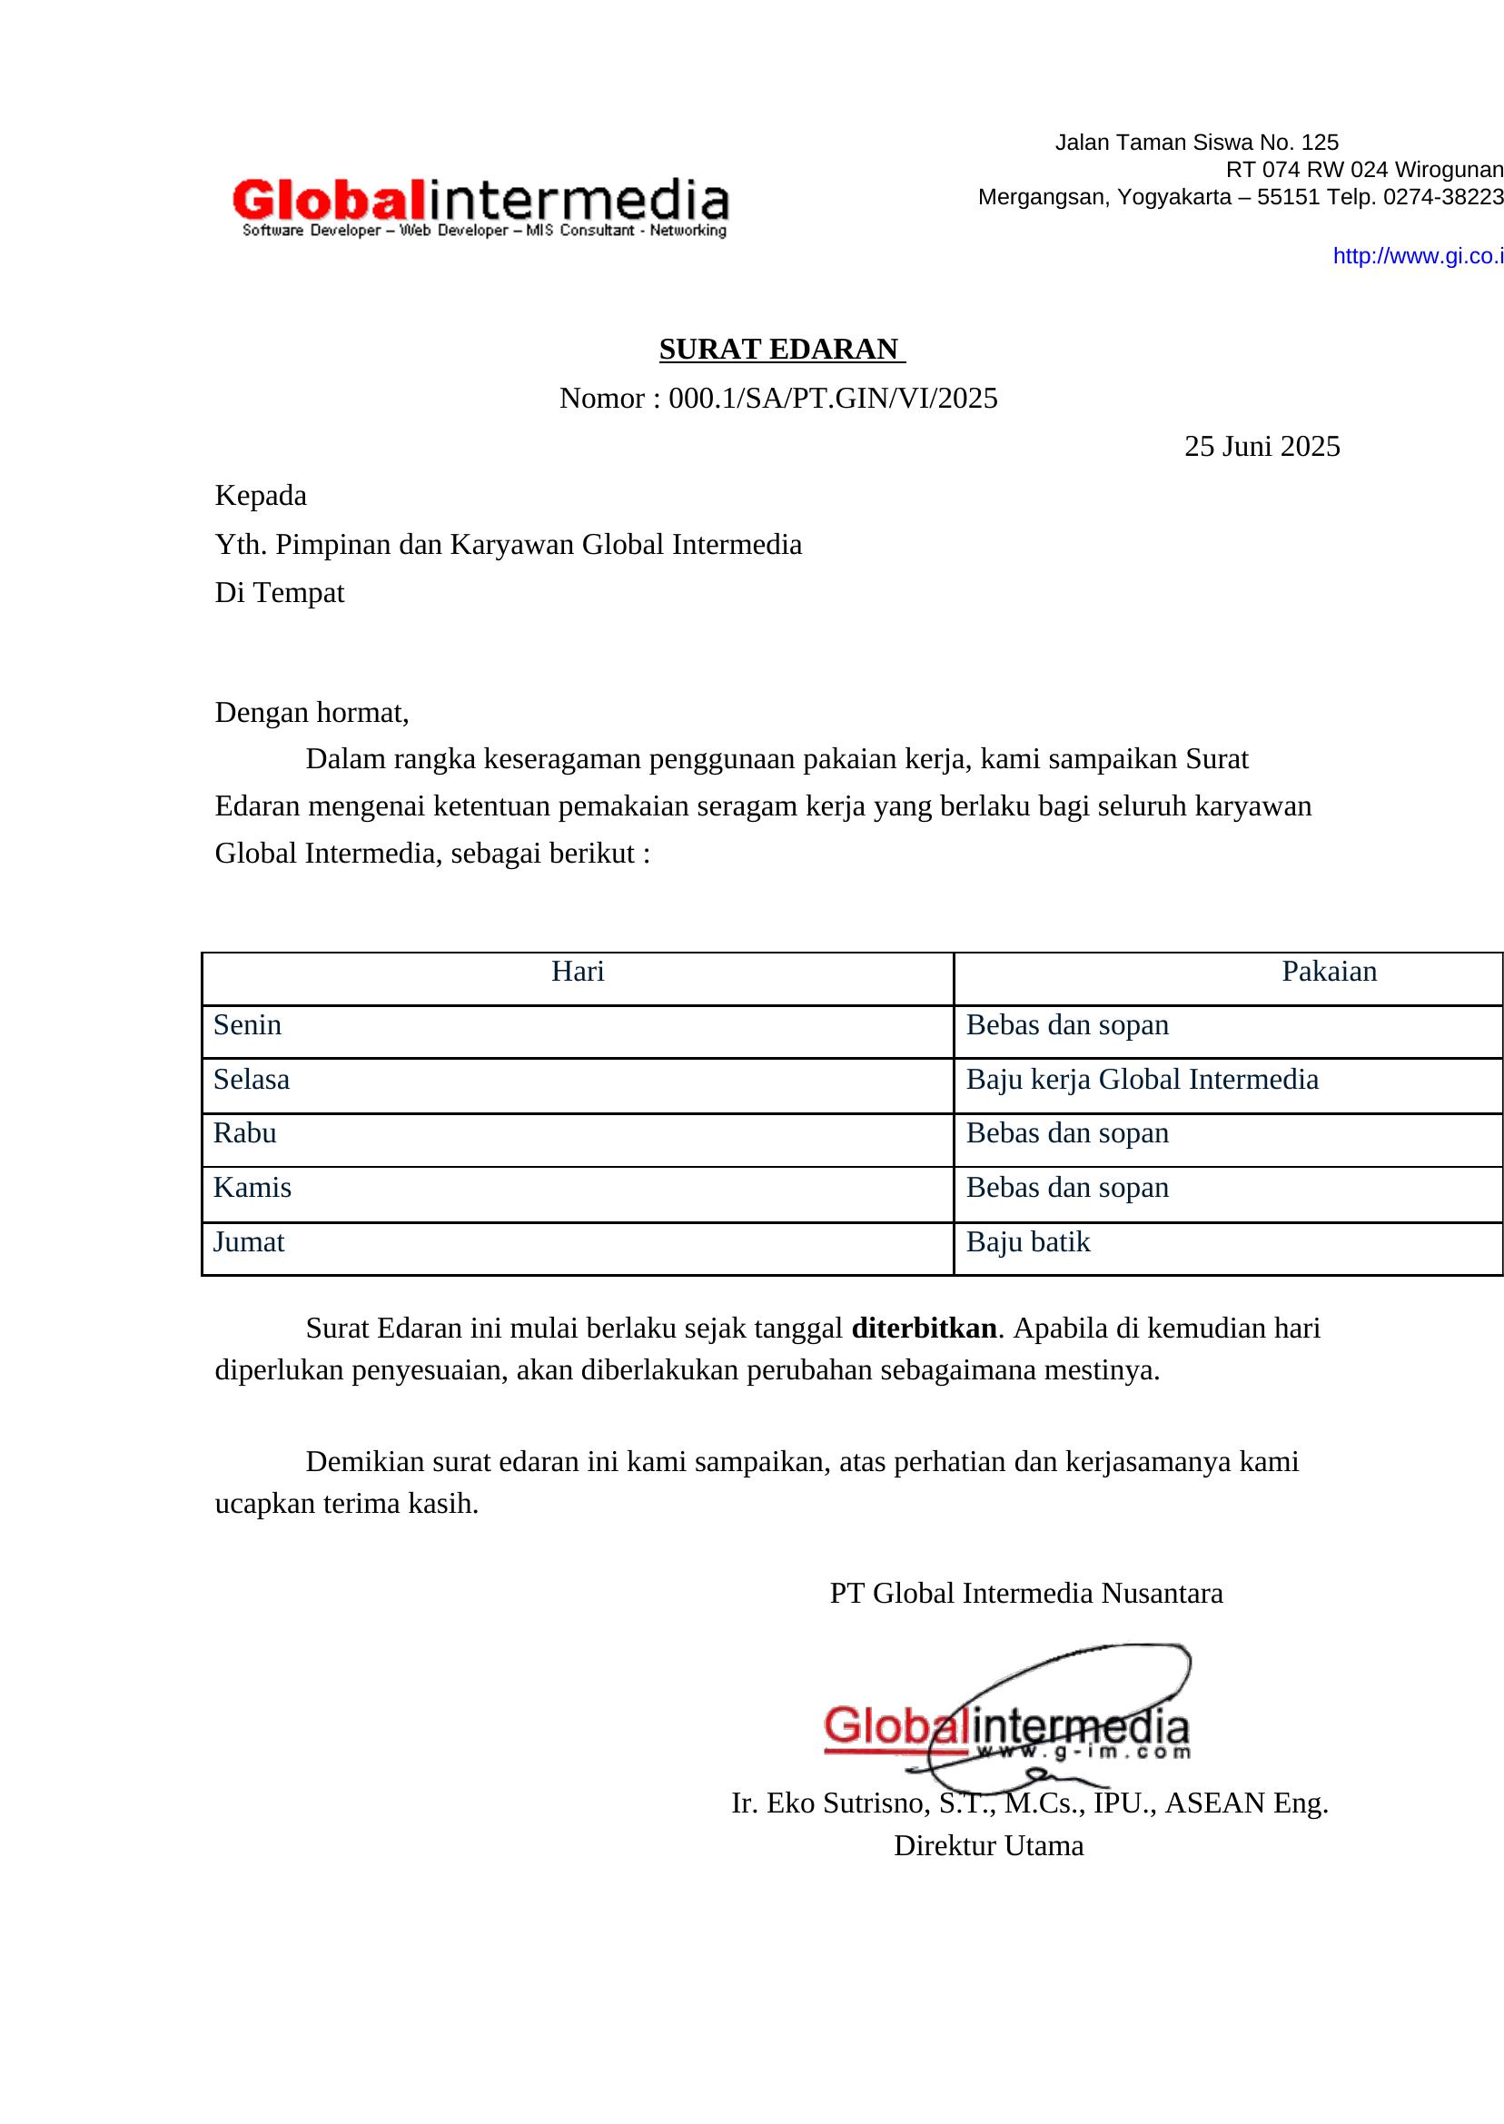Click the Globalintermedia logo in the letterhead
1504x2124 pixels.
pos(480,206)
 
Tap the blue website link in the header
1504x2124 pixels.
pos(1417,256)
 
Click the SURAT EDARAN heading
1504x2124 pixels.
pos(781,349)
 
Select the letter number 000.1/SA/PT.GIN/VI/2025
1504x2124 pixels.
pos(833,398)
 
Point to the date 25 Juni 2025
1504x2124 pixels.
pos(1262,446)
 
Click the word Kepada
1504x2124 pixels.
pos(261,495)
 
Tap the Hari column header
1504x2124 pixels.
pos(577,972)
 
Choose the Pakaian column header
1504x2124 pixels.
pos(1328,972)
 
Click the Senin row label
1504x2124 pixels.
pos(247,1025)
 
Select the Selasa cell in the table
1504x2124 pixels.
pos(251,1080)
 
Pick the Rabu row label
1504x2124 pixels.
pos(244,1133)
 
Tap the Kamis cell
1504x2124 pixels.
pos(252,1188)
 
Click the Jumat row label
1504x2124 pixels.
pos(248,1242)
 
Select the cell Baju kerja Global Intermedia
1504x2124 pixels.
pos(1141,1080)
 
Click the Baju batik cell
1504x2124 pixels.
pos(1027,1242)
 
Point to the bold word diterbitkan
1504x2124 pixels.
pos(924,1329)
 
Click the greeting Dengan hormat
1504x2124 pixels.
pos(312,712)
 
